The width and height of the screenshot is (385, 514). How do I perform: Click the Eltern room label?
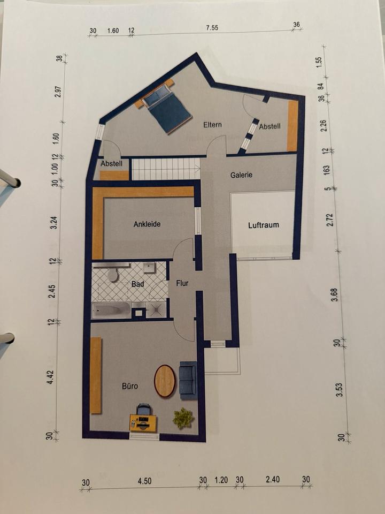[212, 125]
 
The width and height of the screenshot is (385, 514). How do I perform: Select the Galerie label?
[241, 175]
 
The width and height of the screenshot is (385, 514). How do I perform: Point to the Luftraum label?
[264, 225]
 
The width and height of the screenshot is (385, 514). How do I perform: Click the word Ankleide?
[147, 224]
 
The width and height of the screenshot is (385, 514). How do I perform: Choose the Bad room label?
[137, 284]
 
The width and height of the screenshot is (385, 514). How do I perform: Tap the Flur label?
[182, 283]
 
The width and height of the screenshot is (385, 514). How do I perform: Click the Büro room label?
[130, 386]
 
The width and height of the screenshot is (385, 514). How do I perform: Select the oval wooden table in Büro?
[165, 381]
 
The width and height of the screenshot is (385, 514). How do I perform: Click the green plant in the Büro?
[183, 418]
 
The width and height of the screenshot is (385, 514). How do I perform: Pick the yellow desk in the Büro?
[143, 423]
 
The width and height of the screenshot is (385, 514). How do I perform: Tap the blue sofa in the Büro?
[188, 380]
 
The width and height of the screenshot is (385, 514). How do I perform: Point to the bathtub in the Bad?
[111, 310]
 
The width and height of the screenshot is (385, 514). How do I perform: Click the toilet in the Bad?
[112, 274]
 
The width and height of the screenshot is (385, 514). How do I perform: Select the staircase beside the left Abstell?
[166, 169]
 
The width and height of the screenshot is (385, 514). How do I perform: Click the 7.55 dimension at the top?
[212, 28]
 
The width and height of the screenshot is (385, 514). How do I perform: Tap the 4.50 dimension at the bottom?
[144, 481]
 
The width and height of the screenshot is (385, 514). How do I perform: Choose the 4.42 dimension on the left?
[50, 377]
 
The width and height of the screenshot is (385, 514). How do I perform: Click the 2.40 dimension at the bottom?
[273, 479]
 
